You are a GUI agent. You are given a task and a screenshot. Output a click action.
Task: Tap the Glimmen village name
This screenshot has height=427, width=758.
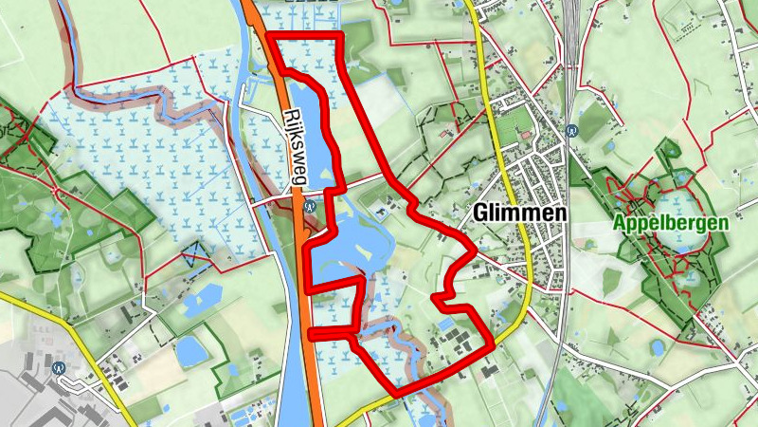tap(517, 214)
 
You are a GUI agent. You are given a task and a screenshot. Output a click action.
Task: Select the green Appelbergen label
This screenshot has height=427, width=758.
tap(671, 223)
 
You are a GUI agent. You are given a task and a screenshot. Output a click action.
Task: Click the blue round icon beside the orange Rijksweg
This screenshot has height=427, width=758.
tap(312, 203)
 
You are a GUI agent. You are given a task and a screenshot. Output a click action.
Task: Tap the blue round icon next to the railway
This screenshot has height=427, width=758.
tap(571, 132)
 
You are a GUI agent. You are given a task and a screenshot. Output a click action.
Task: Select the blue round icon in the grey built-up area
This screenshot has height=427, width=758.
tap(60, 367)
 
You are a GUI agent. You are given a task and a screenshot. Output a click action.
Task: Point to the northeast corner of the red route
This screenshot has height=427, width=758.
tap(339, 36)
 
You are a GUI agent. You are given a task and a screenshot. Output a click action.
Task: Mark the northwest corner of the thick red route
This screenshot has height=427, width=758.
tap(270, 37)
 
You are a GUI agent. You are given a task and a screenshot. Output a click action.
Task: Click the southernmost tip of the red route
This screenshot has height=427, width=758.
tap(394, 393)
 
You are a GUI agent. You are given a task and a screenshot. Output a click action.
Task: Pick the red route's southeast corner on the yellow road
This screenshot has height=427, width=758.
tap(493, 345)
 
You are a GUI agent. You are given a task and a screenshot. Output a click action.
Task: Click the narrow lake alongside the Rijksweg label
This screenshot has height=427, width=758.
tap(308, 123)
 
